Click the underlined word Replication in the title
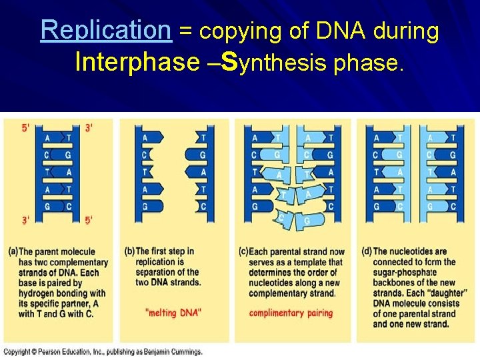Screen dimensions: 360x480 click(105, 31)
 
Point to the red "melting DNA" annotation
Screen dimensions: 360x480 click(173, 313)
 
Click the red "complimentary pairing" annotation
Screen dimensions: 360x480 click(290, 313)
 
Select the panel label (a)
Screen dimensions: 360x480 click(13, 251)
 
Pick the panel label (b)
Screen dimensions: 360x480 click(129, 251)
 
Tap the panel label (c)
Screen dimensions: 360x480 click(243, 251)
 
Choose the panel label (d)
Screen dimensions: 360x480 click(367, 251)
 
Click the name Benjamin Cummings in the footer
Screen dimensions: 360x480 click(174, 352)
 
